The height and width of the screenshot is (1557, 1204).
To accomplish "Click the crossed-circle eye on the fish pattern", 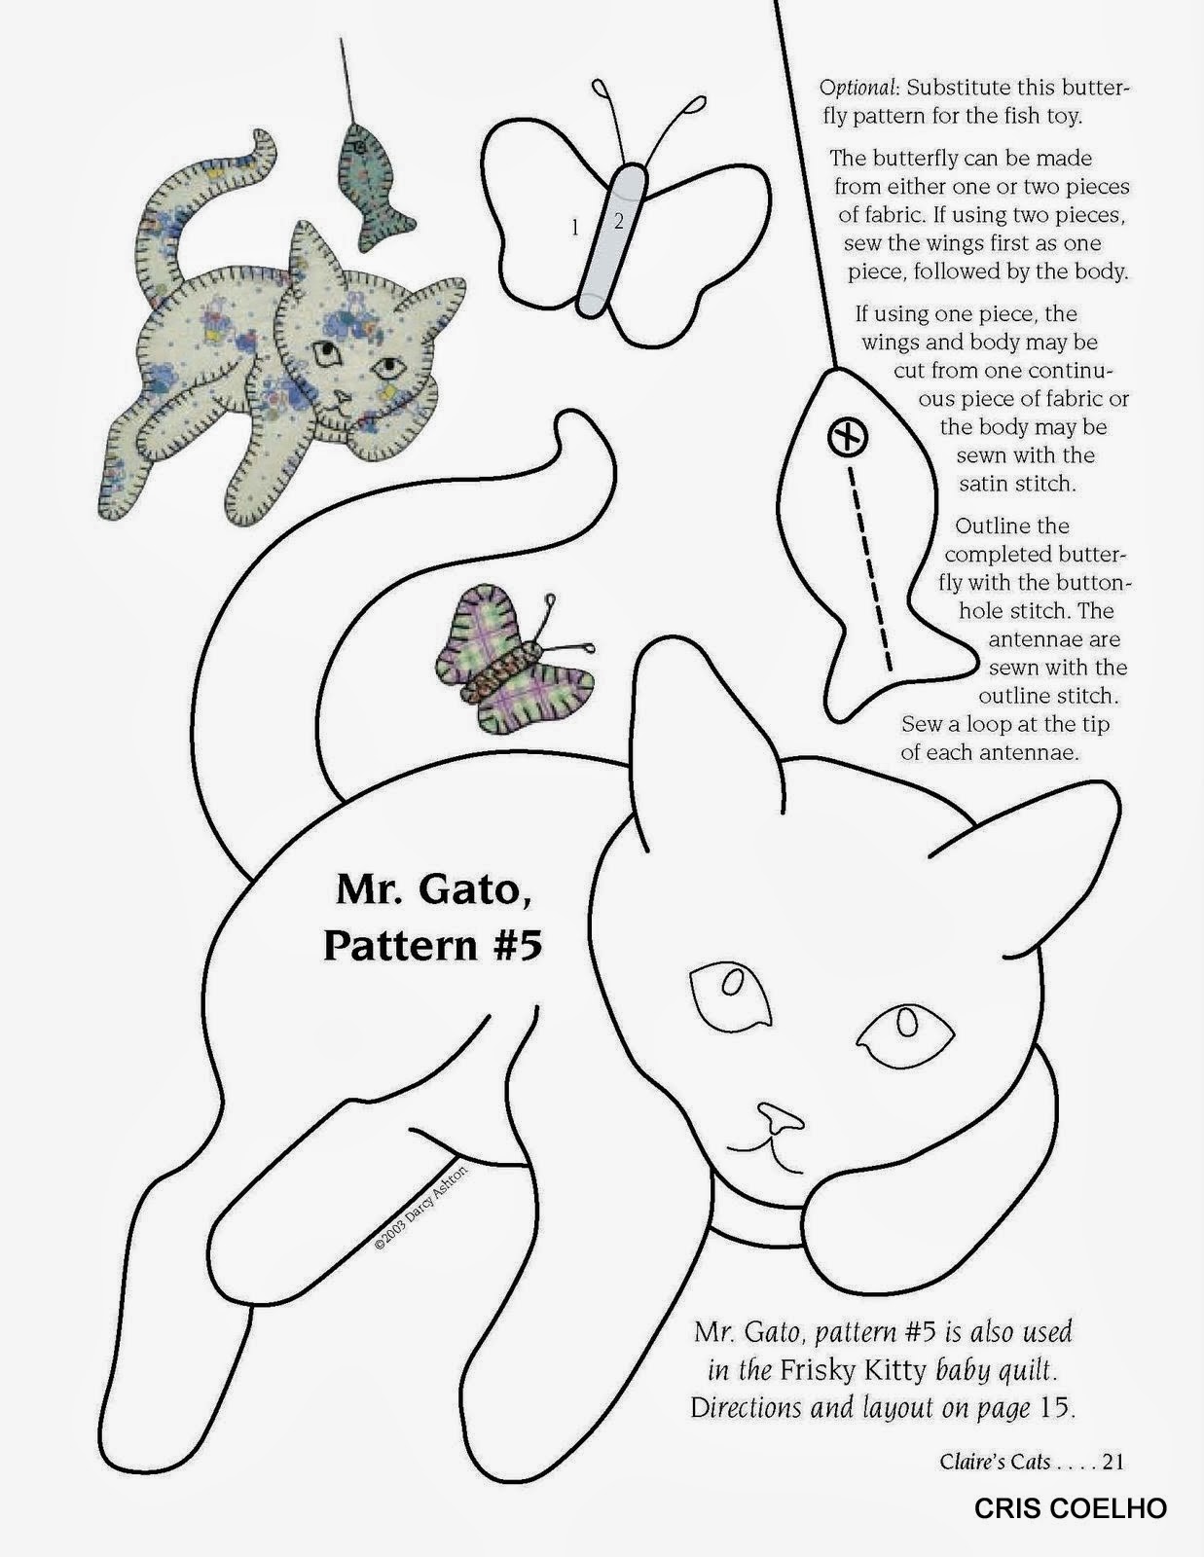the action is coord(848,436).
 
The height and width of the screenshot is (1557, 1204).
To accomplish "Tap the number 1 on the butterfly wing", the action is coord(575,228).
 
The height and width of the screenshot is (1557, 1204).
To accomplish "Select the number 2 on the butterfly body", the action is coord(618,221).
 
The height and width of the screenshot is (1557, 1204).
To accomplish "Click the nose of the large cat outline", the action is coord(781,1118).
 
